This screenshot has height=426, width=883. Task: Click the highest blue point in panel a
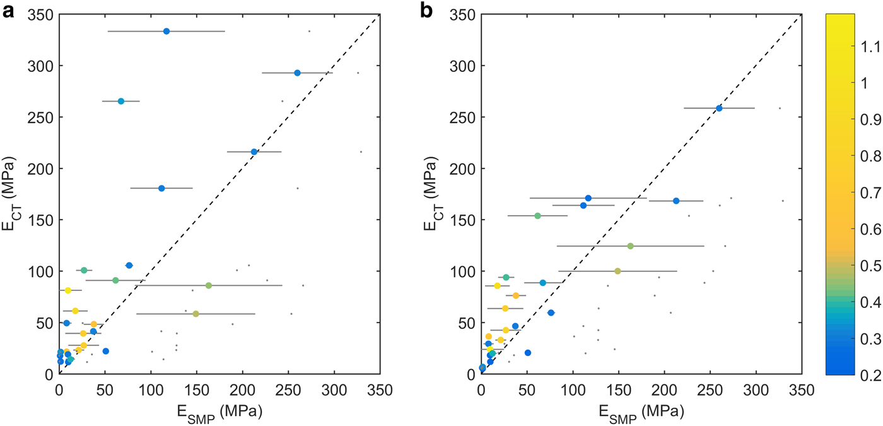point(167,31)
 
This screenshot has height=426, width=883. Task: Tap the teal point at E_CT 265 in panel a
point(121,101)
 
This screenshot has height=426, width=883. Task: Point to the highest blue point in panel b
point(719,108)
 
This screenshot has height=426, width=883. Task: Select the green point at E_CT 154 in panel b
point(537,216)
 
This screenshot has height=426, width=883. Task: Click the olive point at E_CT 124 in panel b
point(630,246)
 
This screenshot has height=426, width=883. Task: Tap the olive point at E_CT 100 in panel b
point(617,271)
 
